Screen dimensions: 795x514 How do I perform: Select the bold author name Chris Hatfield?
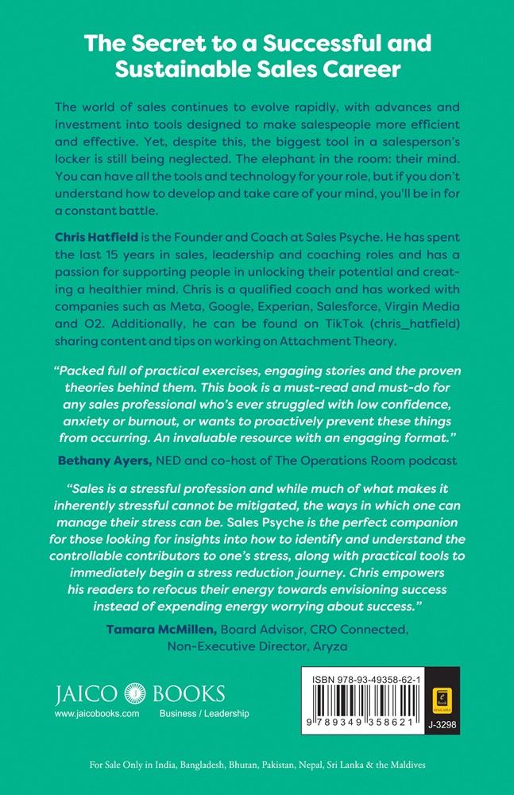[x=98, y=238]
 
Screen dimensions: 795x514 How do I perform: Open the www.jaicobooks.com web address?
[x=97, y=714]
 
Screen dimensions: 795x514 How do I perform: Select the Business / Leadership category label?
[x=204, y=714]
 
